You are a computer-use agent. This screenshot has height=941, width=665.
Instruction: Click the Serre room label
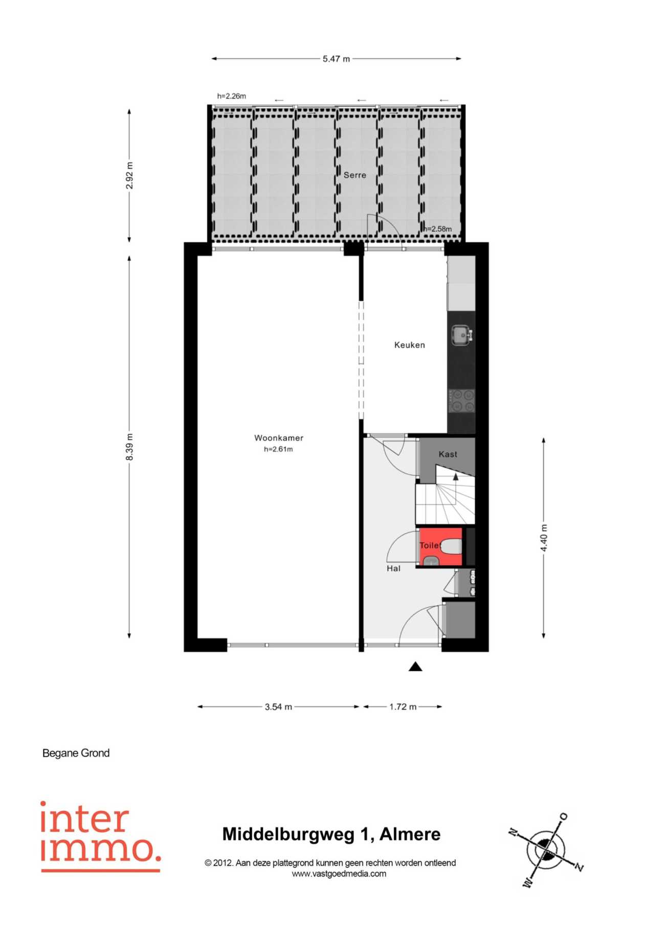354,175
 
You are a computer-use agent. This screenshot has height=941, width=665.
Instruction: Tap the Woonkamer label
279,438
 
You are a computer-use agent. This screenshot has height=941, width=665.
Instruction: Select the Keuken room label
409,345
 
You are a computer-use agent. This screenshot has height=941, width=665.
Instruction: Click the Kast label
448,454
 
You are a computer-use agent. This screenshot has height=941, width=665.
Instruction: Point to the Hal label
393,568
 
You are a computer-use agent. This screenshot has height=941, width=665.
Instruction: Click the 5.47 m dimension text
336,59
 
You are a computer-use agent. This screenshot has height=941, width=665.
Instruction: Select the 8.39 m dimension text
129,446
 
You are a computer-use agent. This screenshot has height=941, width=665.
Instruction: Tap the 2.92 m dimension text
129,175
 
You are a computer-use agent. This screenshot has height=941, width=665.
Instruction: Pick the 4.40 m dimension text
544,538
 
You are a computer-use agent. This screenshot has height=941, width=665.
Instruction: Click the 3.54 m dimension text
278,707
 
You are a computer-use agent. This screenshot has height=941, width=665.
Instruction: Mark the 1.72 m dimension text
403,707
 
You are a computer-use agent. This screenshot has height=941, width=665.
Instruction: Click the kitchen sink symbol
462,335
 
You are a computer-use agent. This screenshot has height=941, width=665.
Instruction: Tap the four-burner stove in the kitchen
461,401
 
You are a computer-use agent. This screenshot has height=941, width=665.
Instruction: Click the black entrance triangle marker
415,666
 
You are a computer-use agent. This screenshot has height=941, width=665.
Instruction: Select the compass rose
546,850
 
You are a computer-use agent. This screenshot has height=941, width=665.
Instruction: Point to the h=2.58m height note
438,229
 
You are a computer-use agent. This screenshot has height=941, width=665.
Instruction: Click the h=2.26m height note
231,96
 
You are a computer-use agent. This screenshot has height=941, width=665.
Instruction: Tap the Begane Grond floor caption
76,753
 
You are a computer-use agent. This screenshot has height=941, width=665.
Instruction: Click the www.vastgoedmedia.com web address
339,873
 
